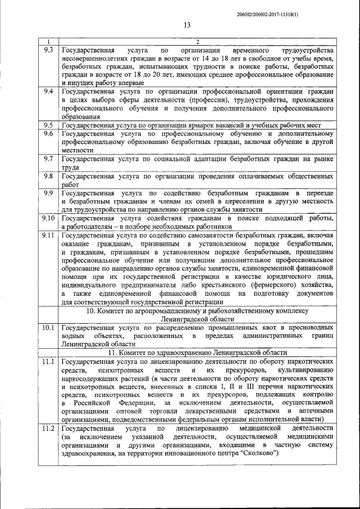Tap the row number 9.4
click(48, 91)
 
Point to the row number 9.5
click(48, 125)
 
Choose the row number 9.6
click(48, 134)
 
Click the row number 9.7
click(48, 159)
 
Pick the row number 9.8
click(48, 176)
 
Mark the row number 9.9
click(48, 193)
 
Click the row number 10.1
click(48, 327)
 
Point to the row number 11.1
click(48, 361)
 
